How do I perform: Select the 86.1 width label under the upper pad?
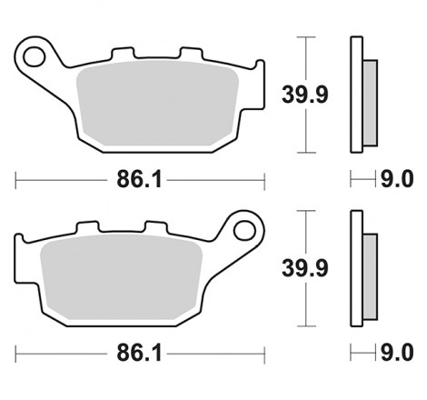(x=139, y=180)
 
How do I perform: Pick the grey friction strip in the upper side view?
(x=370, y=100)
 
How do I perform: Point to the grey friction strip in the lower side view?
(x=370, y=274)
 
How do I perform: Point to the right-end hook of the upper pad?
(x=259, y=73)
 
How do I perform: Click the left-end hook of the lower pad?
(x=20, y=246)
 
